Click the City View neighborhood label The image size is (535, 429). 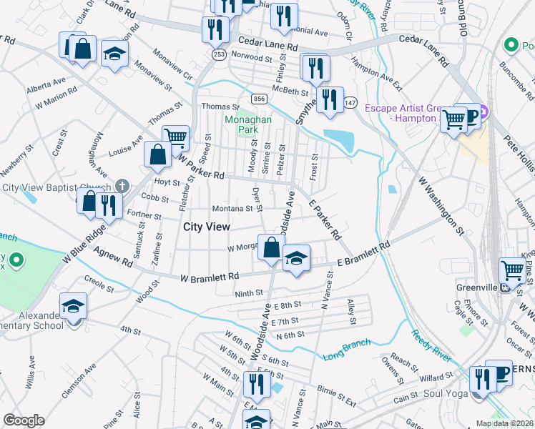tap(207, 227)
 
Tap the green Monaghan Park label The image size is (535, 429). tap(247, 126)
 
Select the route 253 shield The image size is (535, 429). tap(219, 54)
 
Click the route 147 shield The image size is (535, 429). tap(350, 103)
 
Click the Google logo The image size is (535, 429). tap(24, 420)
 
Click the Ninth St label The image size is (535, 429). tap(249, 293)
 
